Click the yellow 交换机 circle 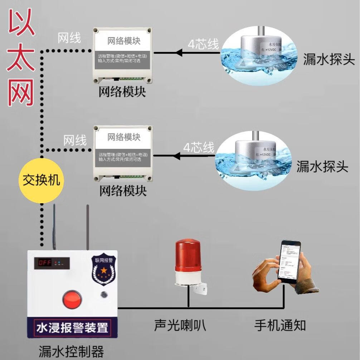[41, 180]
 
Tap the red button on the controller [72, 299]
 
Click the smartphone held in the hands [290, 261]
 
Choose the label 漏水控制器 [71, 350]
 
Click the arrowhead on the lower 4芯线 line [175, 156]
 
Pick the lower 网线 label [75, 140]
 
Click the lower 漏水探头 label [322, 166]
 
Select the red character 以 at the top [22, 21]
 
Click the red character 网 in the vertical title [21, 92]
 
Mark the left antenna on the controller [54, 227]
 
